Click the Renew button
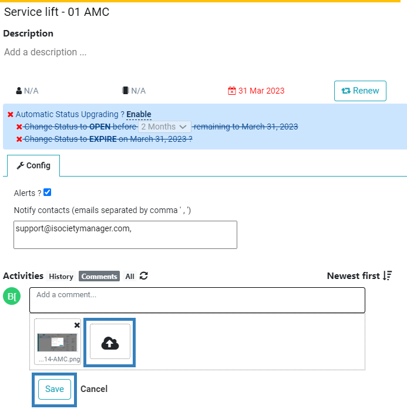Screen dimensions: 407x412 [x=360, y=91]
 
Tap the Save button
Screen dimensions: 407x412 [x=55, y=389]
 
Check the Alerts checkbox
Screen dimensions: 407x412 [x=47, y=192]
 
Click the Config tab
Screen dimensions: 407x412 [x=33, y=165]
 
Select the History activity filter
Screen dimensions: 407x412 [x=61, y=277]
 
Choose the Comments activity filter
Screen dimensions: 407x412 [x=99, y=277]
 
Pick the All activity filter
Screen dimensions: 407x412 [x=130, y=277]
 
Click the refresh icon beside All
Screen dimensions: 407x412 [x=144, y=276]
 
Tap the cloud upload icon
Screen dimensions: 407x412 [x=110, y=343]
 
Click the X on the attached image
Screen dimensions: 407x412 [x=77, y=325]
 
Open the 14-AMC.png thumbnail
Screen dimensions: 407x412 [x=58, y=343]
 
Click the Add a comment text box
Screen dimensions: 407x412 [x=197, y=300]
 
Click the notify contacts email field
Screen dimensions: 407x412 [x=125, y=235]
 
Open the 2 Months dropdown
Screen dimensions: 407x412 [x=164, y=127]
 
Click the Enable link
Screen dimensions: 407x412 [x=139, y=114]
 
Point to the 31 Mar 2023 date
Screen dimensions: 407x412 [x=256, y=91]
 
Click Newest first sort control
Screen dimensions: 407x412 [x=359, y=276]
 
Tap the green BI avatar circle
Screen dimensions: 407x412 [x=12, y=296]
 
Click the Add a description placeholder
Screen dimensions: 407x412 [x=45, y=52]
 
